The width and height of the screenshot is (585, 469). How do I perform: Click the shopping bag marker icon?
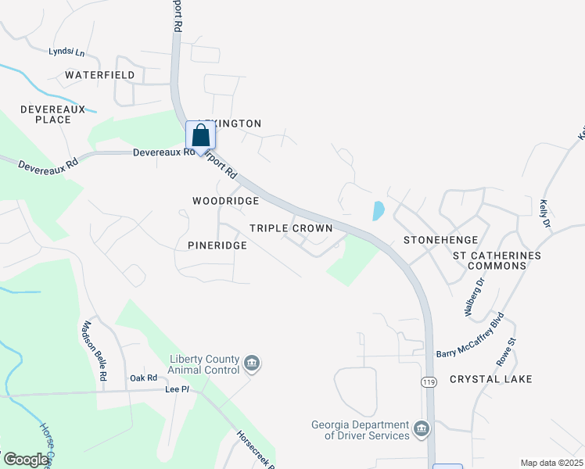click(x=201, y=135)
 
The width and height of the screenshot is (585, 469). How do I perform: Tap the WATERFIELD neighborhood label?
click(x=100, y=75)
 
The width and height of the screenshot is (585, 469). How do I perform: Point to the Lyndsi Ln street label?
click(x=66, y=52)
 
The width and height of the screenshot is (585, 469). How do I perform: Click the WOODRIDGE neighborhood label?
click(x=225, y=201)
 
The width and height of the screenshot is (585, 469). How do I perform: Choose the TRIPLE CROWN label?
click(x=291, y=228)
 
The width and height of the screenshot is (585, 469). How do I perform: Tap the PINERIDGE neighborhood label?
click(x=217, y=245)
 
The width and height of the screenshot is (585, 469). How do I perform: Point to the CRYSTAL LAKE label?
click(x=490, y=379)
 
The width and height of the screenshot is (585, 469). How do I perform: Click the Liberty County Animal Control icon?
click(x=252, y=363)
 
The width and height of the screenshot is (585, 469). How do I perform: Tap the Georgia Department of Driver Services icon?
click(x=422, y=428)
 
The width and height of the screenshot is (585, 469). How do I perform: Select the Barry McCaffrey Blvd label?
click(x=470, y=337)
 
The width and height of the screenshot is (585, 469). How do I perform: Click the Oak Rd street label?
click(x=144, y=378)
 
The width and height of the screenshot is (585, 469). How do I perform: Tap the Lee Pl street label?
click(x=177, y=388)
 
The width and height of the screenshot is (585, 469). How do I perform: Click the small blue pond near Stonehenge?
click(x=379, y=210)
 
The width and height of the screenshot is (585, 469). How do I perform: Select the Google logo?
click(x=26, y=460)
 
